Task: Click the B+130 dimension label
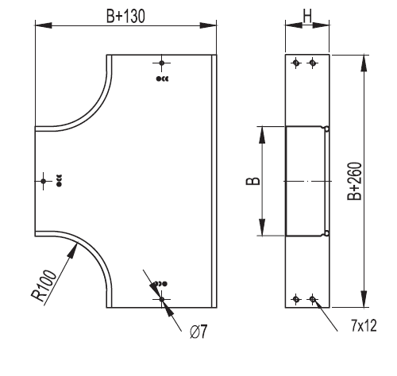click(125, 16)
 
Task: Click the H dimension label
click(307, 16)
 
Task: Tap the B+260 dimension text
click(355, 181)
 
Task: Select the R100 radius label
click(44, 286)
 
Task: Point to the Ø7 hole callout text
click(198, 332)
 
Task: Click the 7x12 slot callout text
click(364, 325)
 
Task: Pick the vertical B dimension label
click(253, 181)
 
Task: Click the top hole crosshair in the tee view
click(162, 63)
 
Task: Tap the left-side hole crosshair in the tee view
click(44, 181)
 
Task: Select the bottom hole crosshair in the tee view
click(162, 299)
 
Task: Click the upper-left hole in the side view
click(296, 63)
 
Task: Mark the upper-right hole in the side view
click(313, 63)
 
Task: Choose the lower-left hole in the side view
click(296, 299)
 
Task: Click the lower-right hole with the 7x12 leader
click(313, 299)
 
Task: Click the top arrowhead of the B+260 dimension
click(364, 63)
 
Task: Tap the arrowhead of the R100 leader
click(73, 250)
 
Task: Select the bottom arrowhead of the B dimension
click(262, 227)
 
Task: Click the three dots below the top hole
click(162, 79)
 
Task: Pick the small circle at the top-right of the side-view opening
click(327, 129)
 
